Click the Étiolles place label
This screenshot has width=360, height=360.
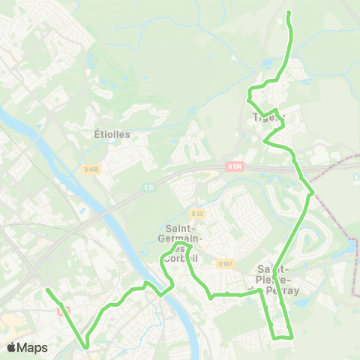point(112,135)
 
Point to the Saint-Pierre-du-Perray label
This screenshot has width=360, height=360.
point(277,279)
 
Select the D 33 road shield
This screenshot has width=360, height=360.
point(196,212)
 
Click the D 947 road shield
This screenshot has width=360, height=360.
point(224,263)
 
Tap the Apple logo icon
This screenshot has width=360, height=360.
point(12,347)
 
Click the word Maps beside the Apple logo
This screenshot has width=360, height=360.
point(33,347)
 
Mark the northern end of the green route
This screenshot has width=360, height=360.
point(289,13)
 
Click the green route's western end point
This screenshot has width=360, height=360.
point(47,289)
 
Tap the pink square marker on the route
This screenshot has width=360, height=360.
point(61,310)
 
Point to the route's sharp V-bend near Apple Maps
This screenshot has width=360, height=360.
point(86,346)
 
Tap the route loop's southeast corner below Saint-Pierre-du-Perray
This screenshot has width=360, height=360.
point(289,337)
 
